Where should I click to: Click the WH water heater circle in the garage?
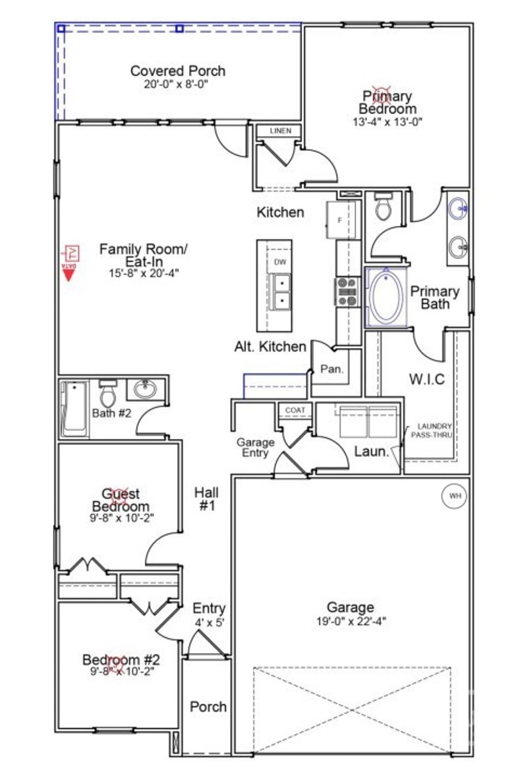(x=454, y=496)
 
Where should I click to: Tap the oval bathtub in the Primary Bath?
(x=386, y=298)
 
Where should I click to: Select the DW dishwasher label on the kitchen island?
(x=280, y=262)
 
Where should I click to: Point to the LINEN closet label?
(x=280, y=131)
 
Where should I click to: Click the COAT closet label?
(x=295, y=410)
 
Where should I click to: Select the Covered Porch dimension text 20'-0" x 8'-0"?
(x=176, y=84)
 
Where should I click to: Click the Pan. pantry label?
(x=332, y=369)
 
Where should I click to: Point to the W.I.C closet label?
(x=426, y=379)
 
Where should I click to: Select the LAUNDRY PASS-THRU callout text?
(x=434, y=431)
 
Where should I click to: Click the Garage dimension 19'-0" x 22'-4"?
(x=351, y=621)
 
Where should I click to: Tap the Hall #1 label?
(x=207, y=499)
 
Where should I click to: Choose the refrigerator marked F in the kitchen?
(x=340, y=220)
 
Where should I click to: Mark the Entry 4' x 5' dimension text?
(x=209, y=622)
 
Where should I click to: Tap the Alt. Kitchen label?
(x=270, y=347)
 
